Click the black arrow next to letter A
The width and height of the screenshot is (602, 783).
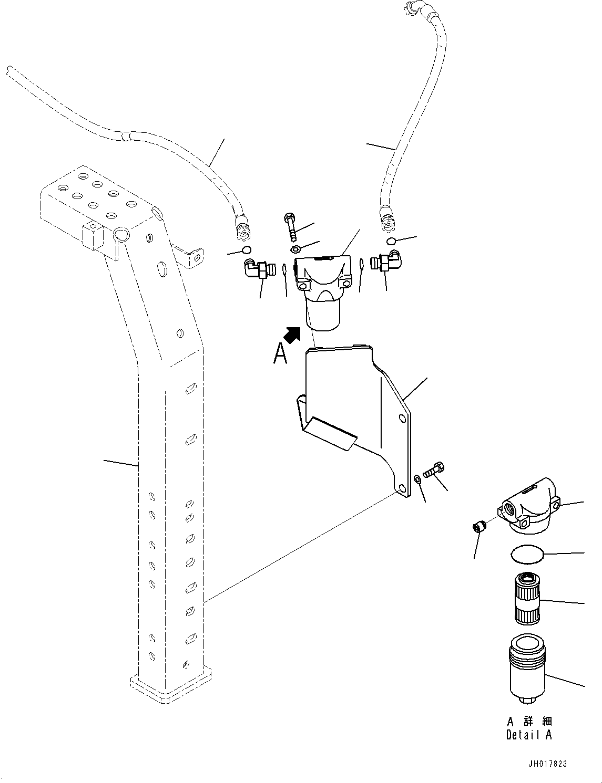point(292,334)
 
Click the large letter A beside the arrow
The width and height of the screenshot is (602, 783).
point(280,353)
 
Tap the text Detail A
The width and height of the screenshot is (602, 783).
point(528,735)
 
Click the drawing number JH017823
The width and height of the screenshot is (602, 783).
point(548,764)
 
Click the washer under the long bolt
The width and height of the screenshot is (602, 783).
point(295,248)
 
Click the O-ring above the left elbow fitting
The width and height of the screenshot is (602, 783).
point(246,249)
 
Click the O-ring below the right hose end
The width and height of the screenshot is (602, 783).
point(390,241)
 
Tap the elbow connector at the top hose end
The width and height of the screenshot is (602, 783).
point(412,8)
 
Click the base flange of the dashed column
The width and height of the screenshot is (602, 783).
point(171,688)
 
